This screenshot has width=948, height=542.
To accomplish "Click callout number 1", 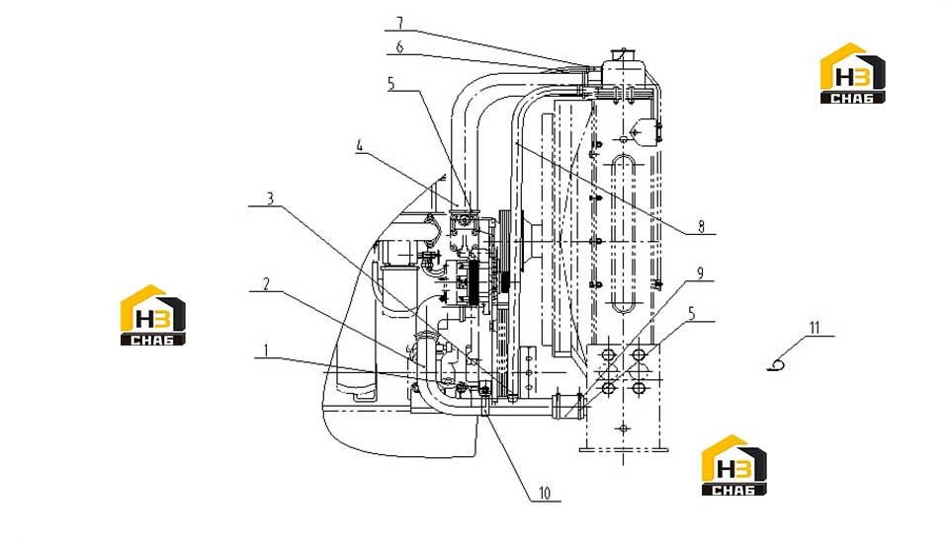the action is (265, 349).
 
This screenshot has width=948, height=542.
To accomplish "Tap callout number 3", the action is (270, 198).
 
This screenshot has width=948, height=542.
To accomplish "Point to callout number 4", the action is (360, 145).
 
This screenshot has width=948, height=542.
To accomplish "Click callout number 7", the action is (399, 23).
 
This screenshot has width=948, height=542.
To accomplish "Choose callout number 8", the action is (701, 226).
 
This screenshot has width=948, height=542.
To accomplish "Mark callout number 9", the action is (701, 272).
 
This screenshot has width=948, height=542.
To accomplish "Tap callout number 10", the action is (544, 493).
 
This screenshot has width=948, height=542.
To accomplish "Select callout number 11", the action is (815, 328).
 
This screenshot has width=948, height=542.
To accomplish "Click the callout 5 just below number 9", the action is (692, 313).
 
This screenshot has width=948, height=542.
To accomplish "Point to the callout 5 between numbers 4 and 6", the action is (391, 83).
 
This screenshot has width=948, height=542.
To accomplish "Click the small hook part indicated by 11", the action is (776, 364).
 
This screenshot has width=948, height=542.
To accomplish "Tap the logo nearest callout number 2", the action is (153, 315).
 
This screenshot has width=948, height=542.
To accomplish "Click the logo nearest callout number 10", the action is (733, 465).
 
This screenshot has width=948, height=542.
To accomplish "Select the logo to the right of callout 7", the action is (852, 73).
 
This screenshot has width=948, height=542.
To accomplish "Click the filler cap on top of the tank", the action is (621, 54).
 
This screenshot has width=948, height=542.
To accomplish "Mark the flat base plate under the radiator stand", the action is (624, 449).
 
